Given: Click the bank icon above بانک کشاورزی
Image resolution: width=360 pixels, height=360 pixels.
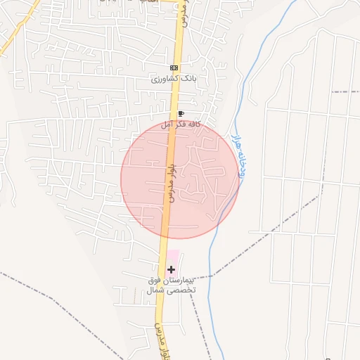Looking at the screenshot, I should [x=174, y=67].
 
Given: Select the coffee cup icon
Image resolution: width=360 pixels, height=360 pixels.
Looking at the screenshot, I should [x=181, y=114].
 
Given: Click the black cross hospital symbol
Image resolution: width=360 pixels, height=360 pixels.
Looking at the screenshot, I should [x=171, y=269].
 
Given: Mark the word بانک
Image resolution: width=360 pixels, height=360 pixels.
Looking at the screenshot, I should [x=187, y=79].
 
